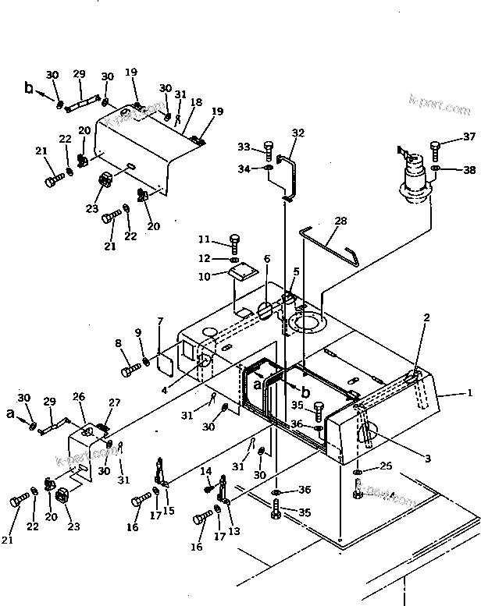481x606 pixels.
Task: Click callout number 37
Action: [x=469, y=137]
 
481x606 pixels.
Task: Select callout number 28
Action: [x=340, y=221]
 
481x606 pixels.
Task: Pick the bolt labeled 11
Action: [x=233, y=241]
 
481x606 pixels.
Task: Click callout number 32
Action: [x=298, y=133]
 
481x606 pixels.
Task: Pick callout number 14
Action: [x=207, y=470]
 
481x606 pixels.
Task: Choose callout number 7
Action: [x=160, y=321]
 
